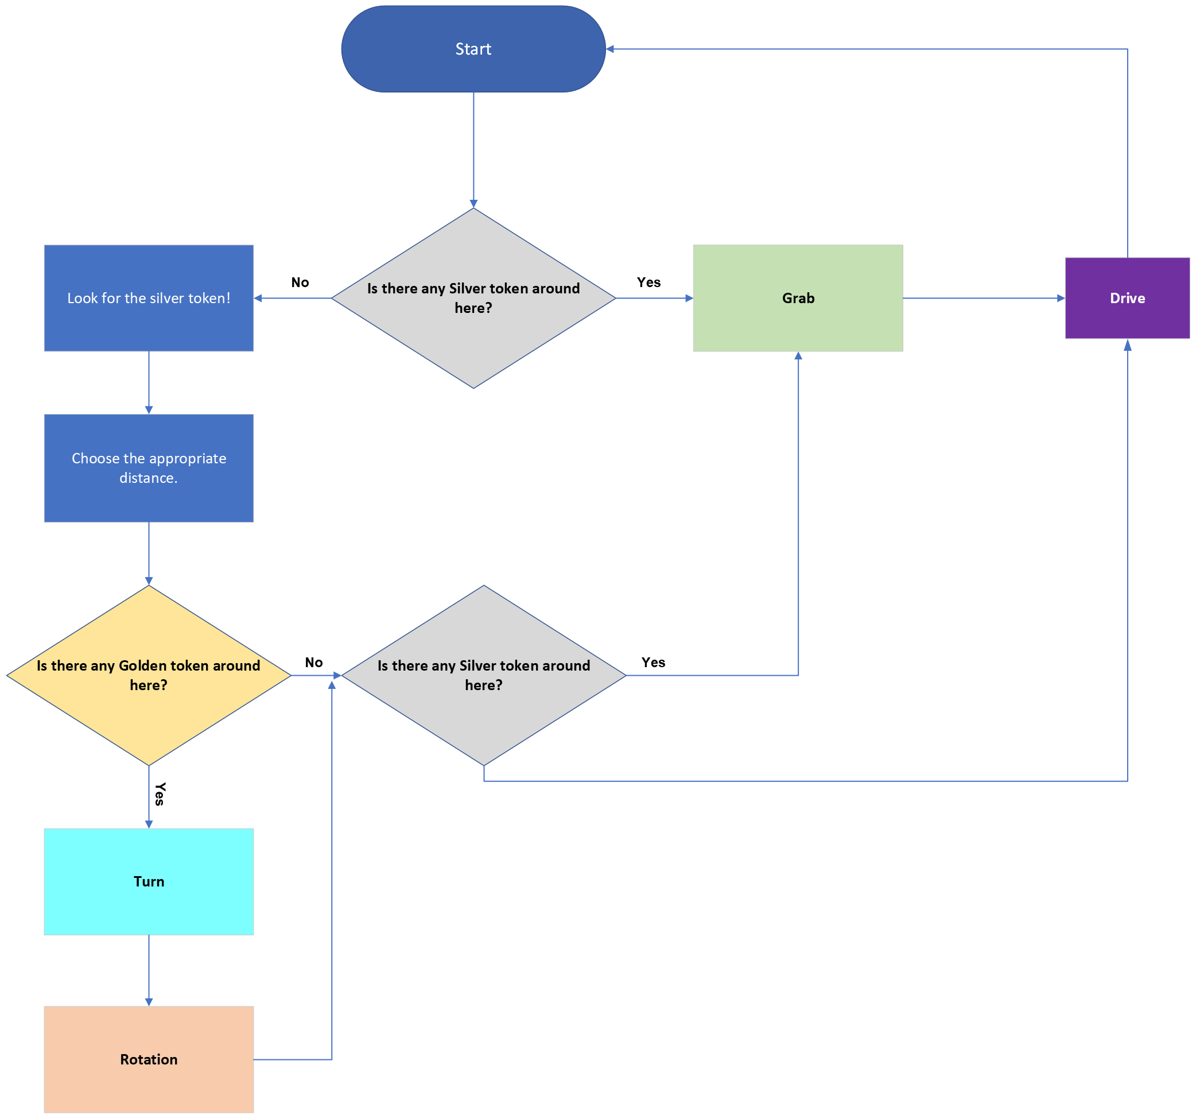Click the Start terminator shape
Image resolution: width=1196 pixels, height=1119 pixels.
click(x=473, y=49)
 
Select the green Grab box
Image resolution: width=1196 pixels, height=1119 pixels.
click(x=798, y=298)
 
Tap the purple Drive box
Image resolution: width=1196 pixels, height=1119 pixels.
click(x=1127, y=298)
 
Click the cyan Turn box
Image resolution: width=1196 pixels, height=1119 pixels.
click(x=149, y=881)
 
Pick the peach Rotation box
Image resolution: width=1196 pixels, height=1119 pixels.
click(x=149, y=1059)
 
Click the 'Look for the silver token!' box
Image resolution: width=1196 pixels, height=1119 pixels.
click(x=149, y=298)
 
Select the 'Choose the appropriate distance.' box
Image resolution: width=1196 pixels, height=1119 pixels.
click(x=149, y=468)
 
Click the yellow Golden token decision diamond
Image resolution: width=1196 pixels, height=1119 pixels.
click(x=149, y=675)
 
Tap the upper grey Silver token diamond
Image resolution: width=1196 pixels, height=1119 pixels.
click(x=473, y=298)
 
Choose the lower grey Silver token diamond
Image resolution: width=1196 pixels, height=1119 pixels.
click(x=484, y=675)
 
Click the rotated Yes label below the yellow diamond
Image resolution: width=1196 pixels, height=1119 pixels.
click(x=160, y=794)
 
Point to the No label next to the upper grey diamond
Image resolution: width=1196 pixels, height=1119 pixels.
click(x=300, y=282)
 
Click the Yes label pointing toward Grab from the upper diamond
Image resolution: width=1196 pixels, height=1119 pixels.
click(x=649, y=282)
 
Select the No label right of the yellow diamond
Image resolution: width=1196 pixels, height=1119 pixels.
click(x=313, y=662)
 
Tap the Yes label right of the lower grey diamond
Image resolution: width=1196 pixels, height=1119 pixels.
click(x=653, y=662)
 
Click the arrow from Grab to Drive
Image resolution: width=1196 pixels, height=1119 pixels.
click(x=984, y=298)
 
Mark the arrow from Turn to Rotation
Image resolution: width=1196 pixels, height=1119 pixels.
click(x=149, y=970)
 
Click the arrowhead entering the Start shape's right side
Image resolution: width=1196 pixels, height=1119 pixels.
click(x=610, y=49)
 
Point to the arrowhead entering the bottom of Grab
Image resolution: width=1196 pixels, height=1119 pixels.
click(x=798, y=356)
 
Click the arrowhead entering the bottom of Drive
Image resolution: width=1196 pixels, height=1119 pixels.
click(x=1127, y=345)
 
